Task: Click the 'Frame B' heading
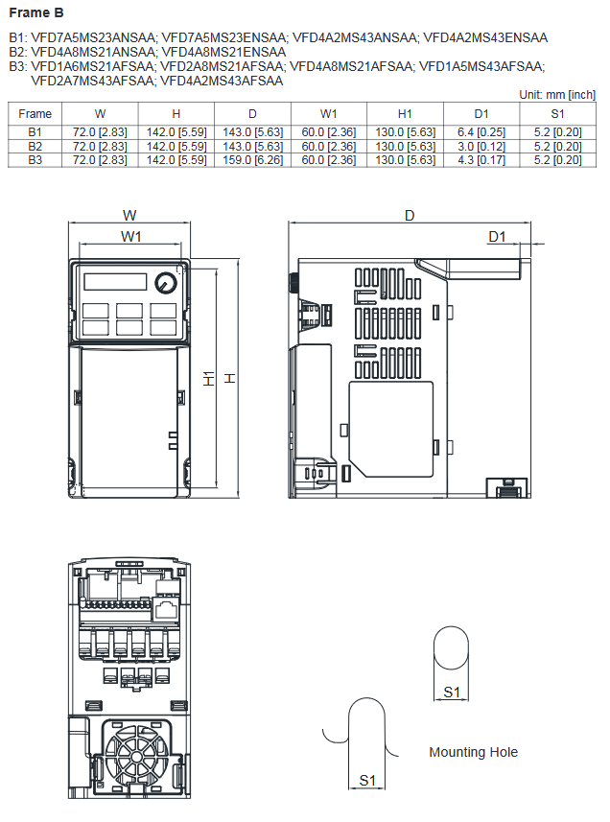[x=36, y=12]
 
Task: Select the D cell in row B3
[x=252, y=159]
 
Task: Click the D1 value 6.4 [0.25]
[x=481, y=131]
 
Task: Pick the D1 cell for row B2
[x=481, y=146]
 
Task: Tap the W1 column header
[x=328, y=113]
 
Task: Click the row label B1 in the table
[x=35, y=131]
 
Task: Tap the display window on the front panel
[x=115, y=282]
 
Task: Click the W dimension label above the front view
[x=129, y=215]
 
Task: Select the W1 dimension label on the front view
[x=132, y=236]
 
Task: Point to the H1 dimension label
[x=209, y=379]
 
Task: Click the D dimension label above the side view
[x=410, y=215]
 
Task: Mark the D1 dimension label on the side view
[x=497, y=236]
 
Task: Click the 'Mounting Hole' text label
[x=473, y=752]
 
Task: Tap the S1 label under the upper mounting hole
[x=451, y=692]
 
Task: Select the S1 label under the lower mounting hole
[x=366, y=780]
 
